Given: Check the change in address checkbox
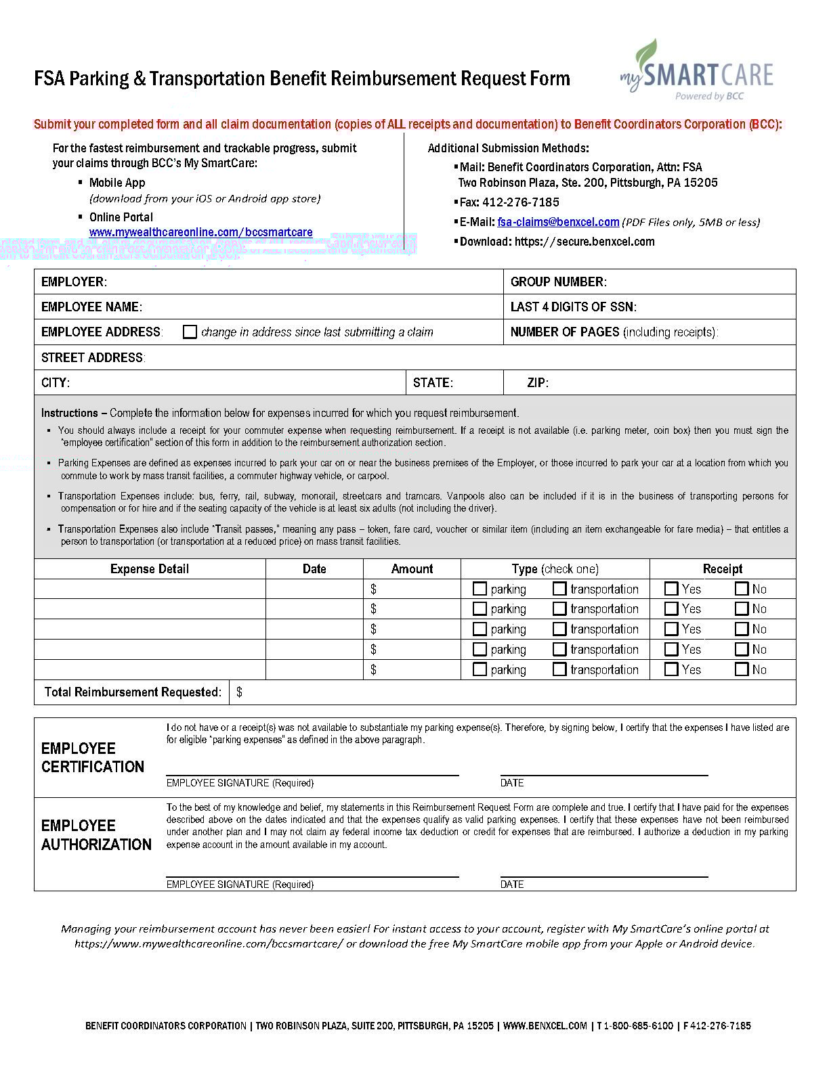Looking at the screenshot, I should click(190, 332).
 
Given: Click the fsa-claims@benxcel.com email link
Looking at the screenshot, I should click(558, 222).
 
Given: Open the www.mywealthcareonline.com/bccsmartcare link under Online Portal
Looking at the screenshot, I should click(200, 232).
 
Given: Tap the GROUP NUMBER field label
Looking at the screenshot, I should click(558, 282).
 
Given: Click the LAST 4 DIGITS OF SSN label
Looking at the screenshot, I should click(573, 307).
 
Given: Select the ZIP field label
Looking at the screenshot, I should click(538, 382).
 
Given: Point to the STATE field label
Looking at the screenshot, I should click(433, 382).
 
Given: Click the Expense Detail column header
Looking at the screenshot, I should click(150, 568).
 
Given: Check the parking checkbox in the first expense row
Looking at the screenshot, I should click(480, 589).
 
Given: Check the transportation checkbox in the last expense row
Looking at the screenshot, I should click(559, 669).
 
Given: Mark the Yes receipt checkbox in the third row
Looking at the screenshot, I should click(671, 629).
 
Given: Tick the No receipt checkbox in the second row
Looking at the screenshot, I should click(742, 608).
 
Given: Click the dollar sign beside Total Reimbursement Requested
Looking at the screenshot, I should click(240, 692).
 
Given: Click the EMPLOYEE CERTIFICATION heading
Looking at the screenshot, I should click(93, 757).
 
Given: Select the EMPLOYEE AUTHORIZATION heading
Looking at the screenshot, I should click(96, 835).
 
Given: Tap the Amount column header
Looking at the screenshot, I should click(412, 568).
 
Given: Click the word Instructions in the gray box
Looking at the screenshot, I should click(70, 413).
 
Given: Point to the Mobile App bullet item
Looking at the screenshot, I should click(117, 183).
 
